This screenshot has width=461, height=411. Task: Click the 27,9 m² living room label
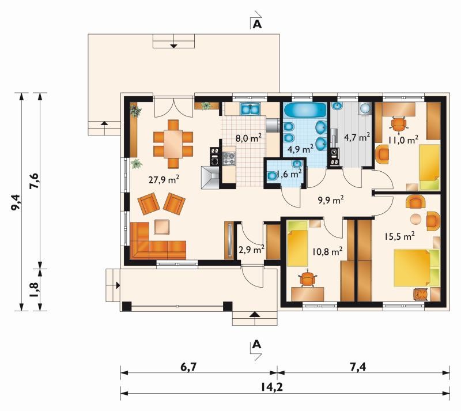(x=164, y=179)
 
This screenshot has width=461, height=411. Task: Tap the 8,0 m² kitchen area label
(x=248, y=138)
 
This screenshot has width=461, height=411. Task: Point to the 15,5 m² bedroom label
(x=399, y=236)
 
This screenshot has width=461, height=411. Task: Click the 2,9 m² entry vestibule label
(x=251, y=250)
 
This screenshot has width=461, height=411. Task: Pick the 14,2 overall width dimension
(x=271, y=387)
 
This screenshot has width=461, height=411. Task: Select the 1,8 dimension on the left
(x=35, y=289)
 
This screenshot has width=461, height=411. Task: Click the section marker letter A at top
(x=257, y=24)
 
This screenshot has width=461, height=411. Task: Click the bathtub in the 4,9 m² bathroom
(x=305, y=111)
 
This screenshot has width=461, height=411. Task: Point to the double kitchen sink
(x=250, y=109)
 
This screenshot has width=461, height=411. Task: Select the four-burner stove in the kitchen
(x=229, y=159)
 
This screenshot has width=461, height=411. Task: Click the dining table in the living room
(x=173, y=144)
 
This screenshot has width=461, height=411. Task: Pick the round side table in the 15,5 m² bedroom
(x=415, y=218)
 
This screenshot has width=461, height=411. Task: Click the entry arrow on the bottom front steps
(x=254, y=314)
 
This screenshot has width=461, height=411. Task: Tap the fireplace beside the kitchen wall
(x=210, y=178)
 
